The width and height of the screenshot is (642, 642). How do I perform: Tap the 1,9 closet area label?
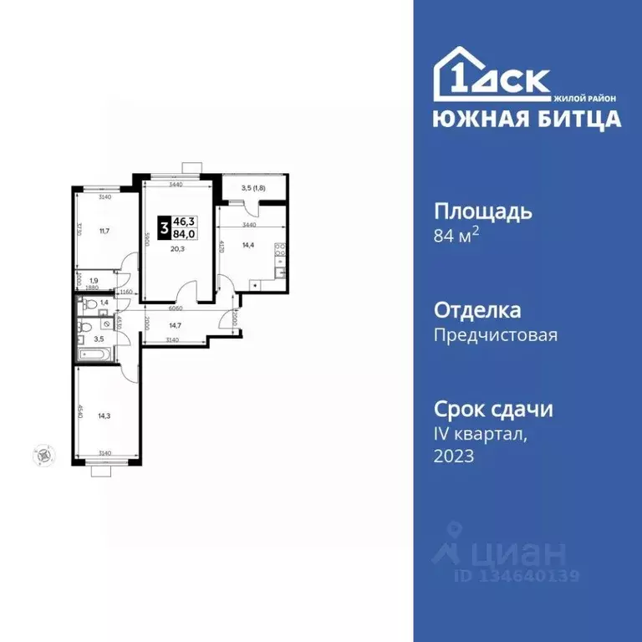(x=94, y=281)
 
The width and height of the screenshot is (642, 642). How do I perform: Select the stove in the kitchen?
(x=280, y=248)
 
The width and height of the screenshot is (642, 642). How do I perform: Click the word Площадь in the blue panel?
(x=482, y=211)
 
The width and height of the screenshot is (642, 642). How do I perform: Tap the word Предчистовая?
(x=495, y=335)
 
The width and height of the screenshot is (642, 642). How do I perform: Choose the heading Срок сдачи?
(x=493, y=410)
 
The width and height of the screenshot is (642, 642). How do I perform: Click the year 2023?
(x=454, y=456)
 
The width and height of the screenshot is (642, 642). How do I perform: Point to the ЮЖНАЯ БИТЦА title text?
(x=527, y=119)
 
